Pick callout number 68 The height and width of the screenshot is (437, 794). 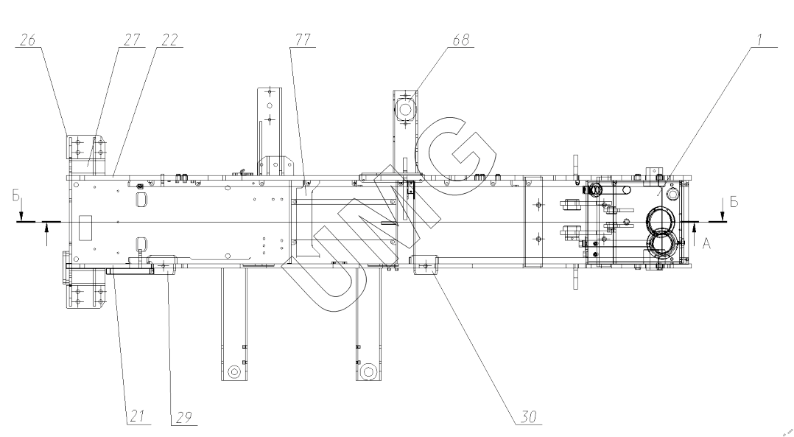pos(461,41)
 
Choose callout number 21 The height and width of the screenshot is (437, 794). pos(137,418)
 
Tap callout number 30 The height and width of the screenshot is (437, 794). pos(529,418)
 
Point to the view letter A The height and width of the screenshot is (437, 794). pos(706,246)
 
